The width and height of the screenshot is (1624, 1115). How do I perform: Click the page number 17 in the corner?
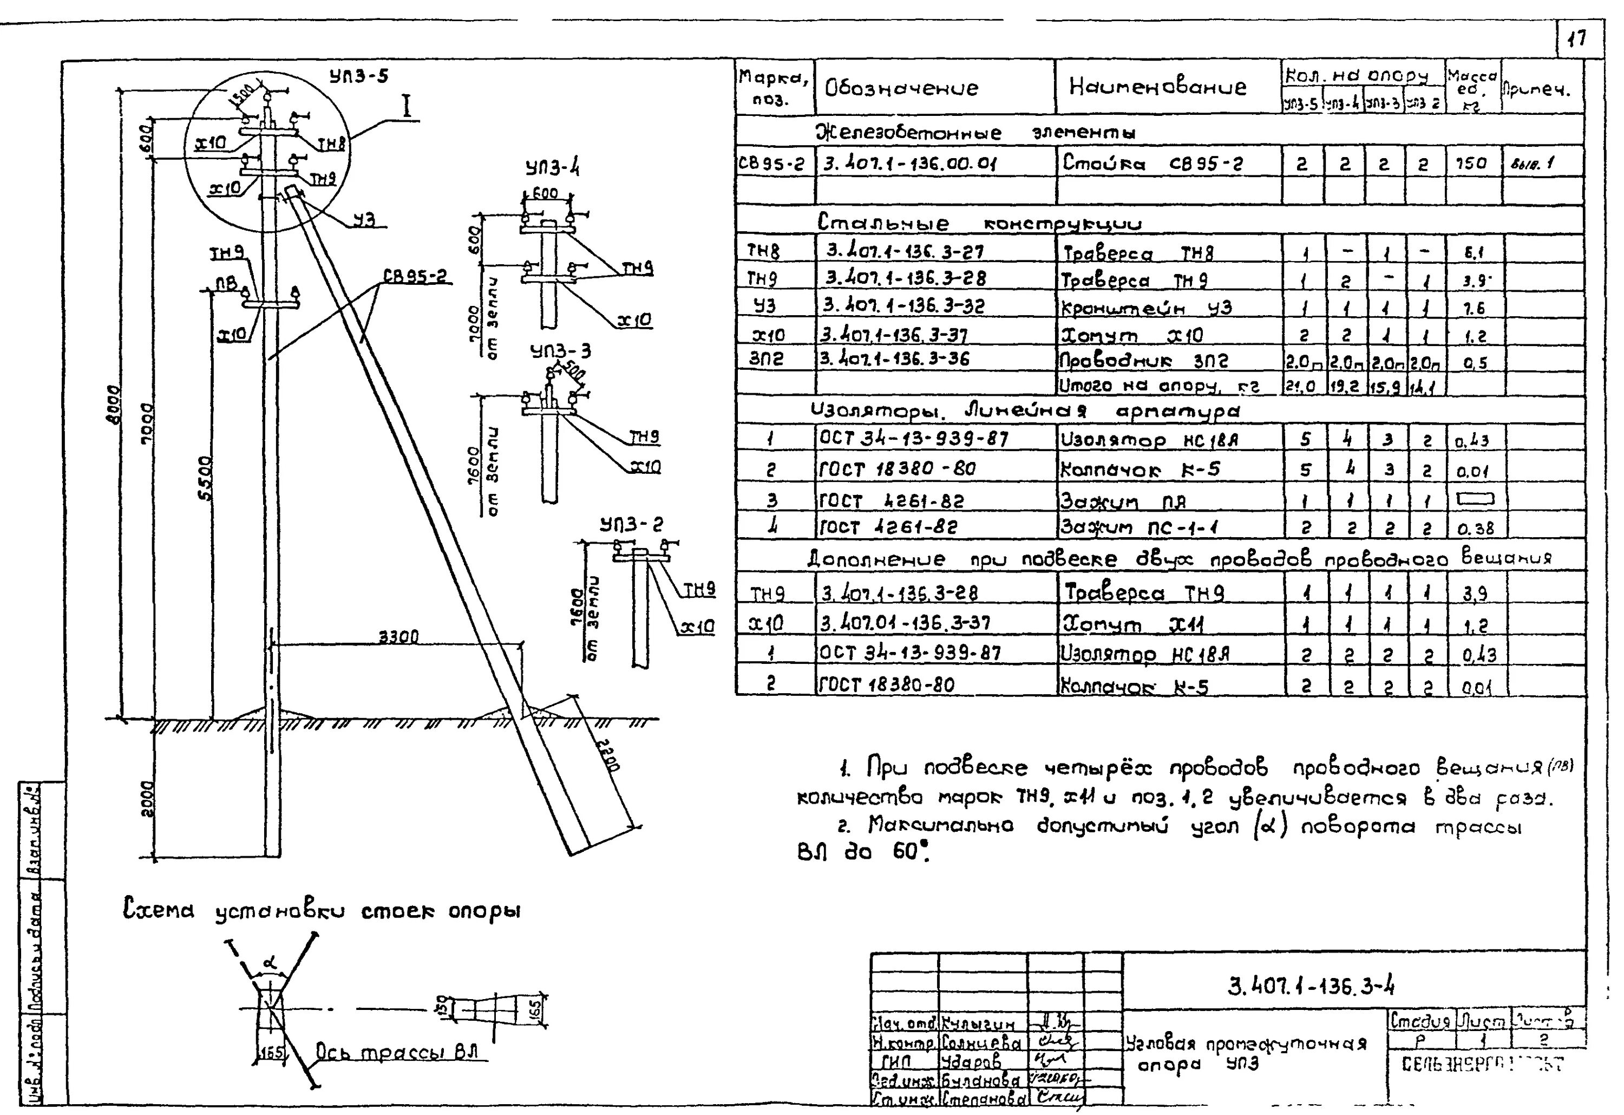pyautogui.click(x=1576, y=38)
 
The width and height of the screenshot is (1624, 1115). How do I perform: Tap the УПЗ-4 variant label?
pyautogui.click(x=552, y=168)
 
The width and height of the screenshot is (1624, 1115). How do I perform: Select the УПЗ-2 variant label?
pyautogui.click(x=631, y=524)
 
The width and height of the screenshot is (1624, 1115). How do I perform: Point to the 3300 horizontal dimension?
pyautogui.click(x=398, y=636)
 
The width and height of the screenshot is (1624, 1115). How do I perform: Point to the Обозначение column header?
pyautogui.click(x=901, y=88)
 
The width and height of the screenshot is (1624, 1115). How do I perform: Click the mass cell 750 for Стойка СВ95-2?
pyautogui.click(x=1470, y=164)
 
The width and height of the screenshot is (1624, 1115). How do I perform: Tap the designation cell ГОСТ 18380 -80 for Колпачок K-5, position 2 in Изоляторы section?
pyautogui.click(x=897, y=468)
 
